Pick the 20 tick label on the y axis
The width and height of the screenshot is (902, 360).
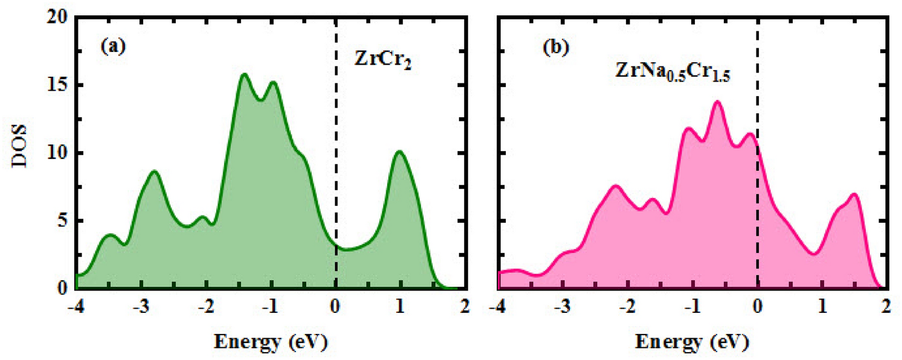point(59,18)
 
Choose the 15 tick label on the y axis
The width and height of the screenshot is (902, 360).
point(59,85)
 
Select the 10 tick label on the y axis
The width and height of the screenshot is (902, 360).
point(59,153)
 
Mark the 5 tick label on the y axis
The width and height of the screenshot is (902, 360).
point(63,221)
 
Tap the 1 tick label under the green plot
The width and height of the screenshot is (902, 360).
point(400,306)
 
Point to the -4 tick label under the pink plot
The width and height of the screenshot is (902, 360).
point(498,306)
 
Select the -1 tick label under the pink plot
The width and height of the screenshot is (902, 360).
point(692,306)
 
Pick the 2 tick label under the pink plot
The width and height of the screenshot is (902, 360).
point(885,306)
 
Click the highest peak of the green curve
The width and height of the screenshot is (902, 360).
point(245,74)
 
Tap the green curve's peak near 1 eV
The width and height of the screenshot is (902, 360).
point(400,152)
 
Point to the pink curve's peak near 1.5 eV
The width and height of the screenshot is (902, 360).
point(854,194)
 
